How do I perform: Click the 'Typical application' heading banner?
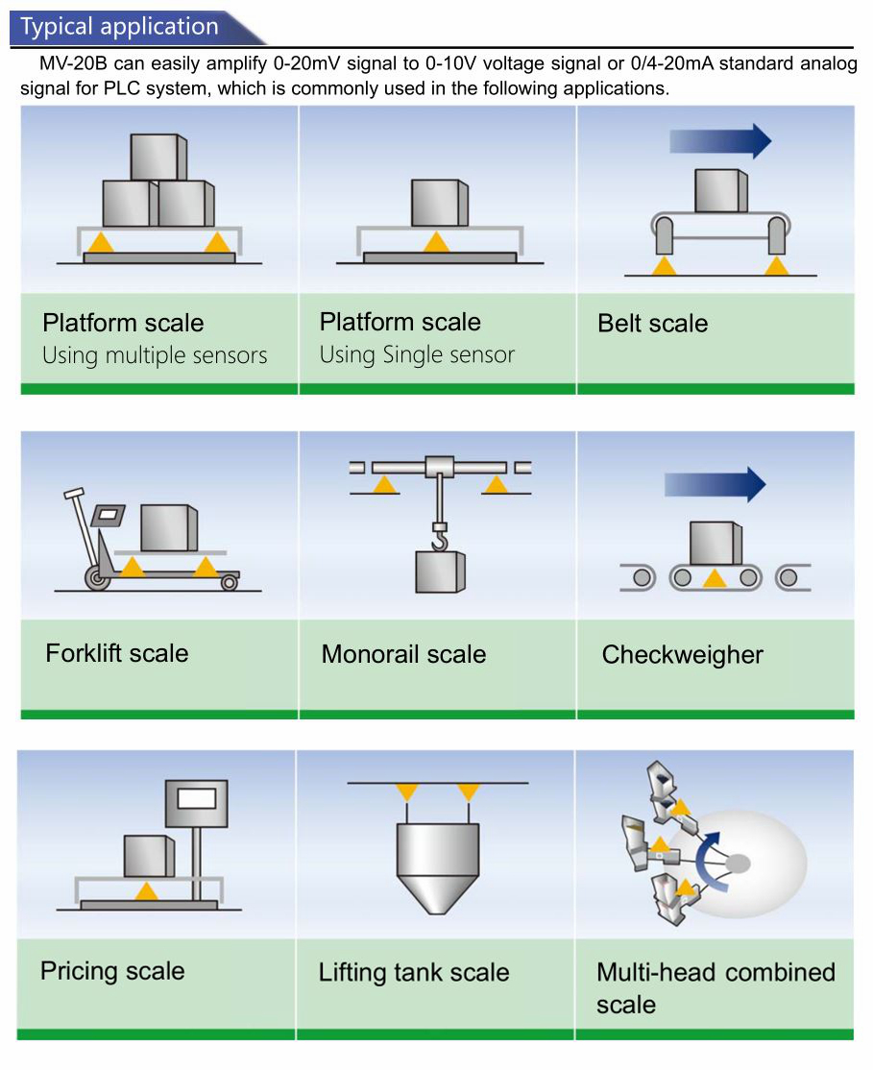coord(136,27)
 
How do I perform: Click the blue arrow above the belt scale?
coord(720,141)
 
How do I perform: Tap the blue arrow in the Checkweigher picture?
coord(715,484)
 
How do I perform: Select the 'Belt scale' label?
coord(652,323)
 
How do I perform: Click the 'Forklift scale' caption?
coord(117,653)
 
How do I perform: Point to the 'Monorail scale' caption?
coord(403,654)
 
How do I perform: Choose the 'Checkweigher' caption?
coord(682,654)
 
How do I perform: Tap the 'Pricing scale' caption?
coord(112,971)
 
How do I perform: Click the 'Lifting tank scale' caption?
coord(414,972)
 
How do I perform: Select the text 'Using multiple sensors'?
coord(155,354)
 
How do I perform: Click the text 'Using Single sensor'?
coord(417,354)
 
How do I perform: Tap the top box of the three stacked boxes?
coord(158,157)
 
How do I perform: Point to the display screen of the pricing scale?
coord(197,798)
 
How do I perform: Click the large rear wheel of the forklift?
coord(98,578)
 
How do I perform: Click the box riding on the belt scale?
coord(721,190)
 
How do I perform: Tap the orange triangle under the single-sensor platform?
coord(436,242)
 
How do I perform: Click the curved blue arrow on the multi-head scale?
coord(709,862)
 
